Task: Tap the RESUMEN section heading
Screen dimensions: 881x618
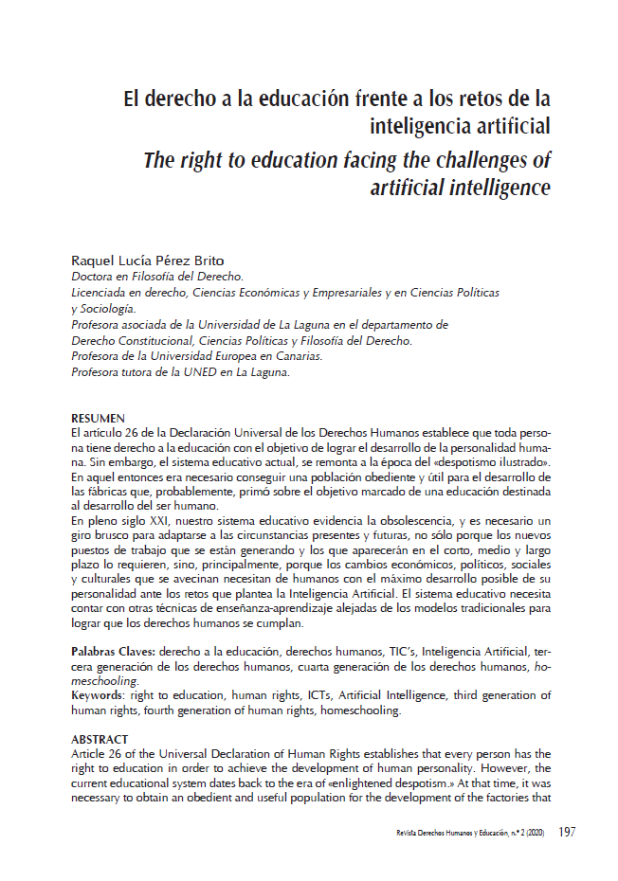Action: coord(98,418)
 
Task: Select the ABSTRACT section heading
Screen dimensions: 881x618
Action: coord(100,738)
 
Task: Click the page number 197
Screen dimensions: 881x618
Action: coord(567,833)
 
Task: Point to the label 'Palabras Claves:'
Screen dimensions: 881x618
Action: coord(114,654)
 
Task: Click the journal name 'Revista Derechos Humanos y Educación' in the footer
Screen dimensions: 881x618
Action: coord(450,834)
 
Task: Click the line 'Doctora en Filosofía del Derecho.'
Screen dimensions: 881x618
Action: coord(156,277)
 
